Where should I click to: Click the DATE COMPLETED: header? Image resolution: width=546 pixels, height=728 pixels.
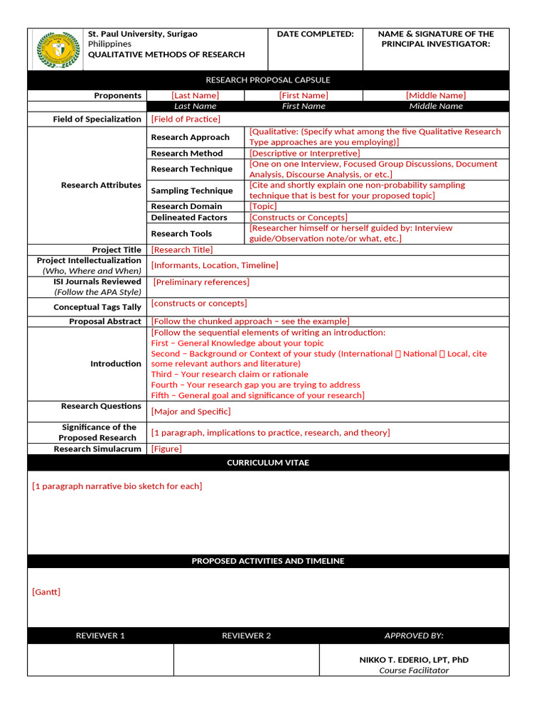(315, 34)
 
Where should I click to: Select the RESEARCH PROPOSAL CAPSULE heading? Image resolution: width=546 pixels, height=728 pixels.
(268, 80)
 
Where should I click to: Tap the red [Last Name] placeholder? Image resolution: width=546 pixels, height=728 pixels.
(195, 95)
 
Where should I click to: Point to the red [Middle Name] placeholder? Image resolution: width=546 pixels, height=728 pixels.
(436, 95)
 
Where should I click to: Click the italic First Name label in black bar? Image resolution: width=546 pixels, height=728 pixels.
(304, 106)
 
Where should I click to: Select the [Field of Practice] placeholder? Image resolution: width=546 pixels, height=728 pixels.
(186, 119)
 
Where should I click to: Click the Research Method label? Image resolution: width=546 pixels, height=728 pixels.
(186, 153)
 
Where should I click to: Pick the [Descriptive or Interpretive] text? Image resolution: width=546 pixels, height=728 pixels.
(304, 153)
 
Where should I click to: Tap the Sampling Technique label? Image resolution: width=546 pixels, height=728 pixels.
(191, 191)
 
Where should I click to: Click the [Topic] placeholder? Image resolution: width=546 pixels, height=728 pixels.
(263, 206)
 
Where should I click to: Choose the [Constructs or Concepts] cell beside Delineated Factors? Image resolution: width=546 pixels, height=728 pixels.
(298, 218)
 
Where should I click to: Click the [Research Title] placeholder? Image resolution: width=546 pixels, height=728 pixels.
(182, 250)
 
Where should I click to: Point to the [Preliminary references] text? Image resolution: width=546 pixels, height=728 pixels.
(201, 282)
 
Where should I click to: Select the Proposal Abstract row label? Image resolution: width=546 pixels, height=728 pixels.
(105, 321)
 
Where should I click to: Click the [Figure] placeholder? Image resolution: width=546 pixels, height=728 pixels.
(166, 449)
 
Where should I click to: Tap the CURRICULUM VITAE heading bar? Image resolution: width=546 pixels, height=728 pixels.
(268, 463)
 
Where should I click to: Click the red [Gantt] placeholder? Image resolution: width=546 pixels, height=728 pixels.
(46, 591)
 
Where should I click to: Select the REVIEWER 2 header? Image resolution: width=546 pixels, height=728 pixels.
(246, 636)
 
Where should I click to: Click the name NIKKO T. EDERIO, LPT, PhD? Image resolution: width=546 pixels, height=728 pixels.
(414, 660)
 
